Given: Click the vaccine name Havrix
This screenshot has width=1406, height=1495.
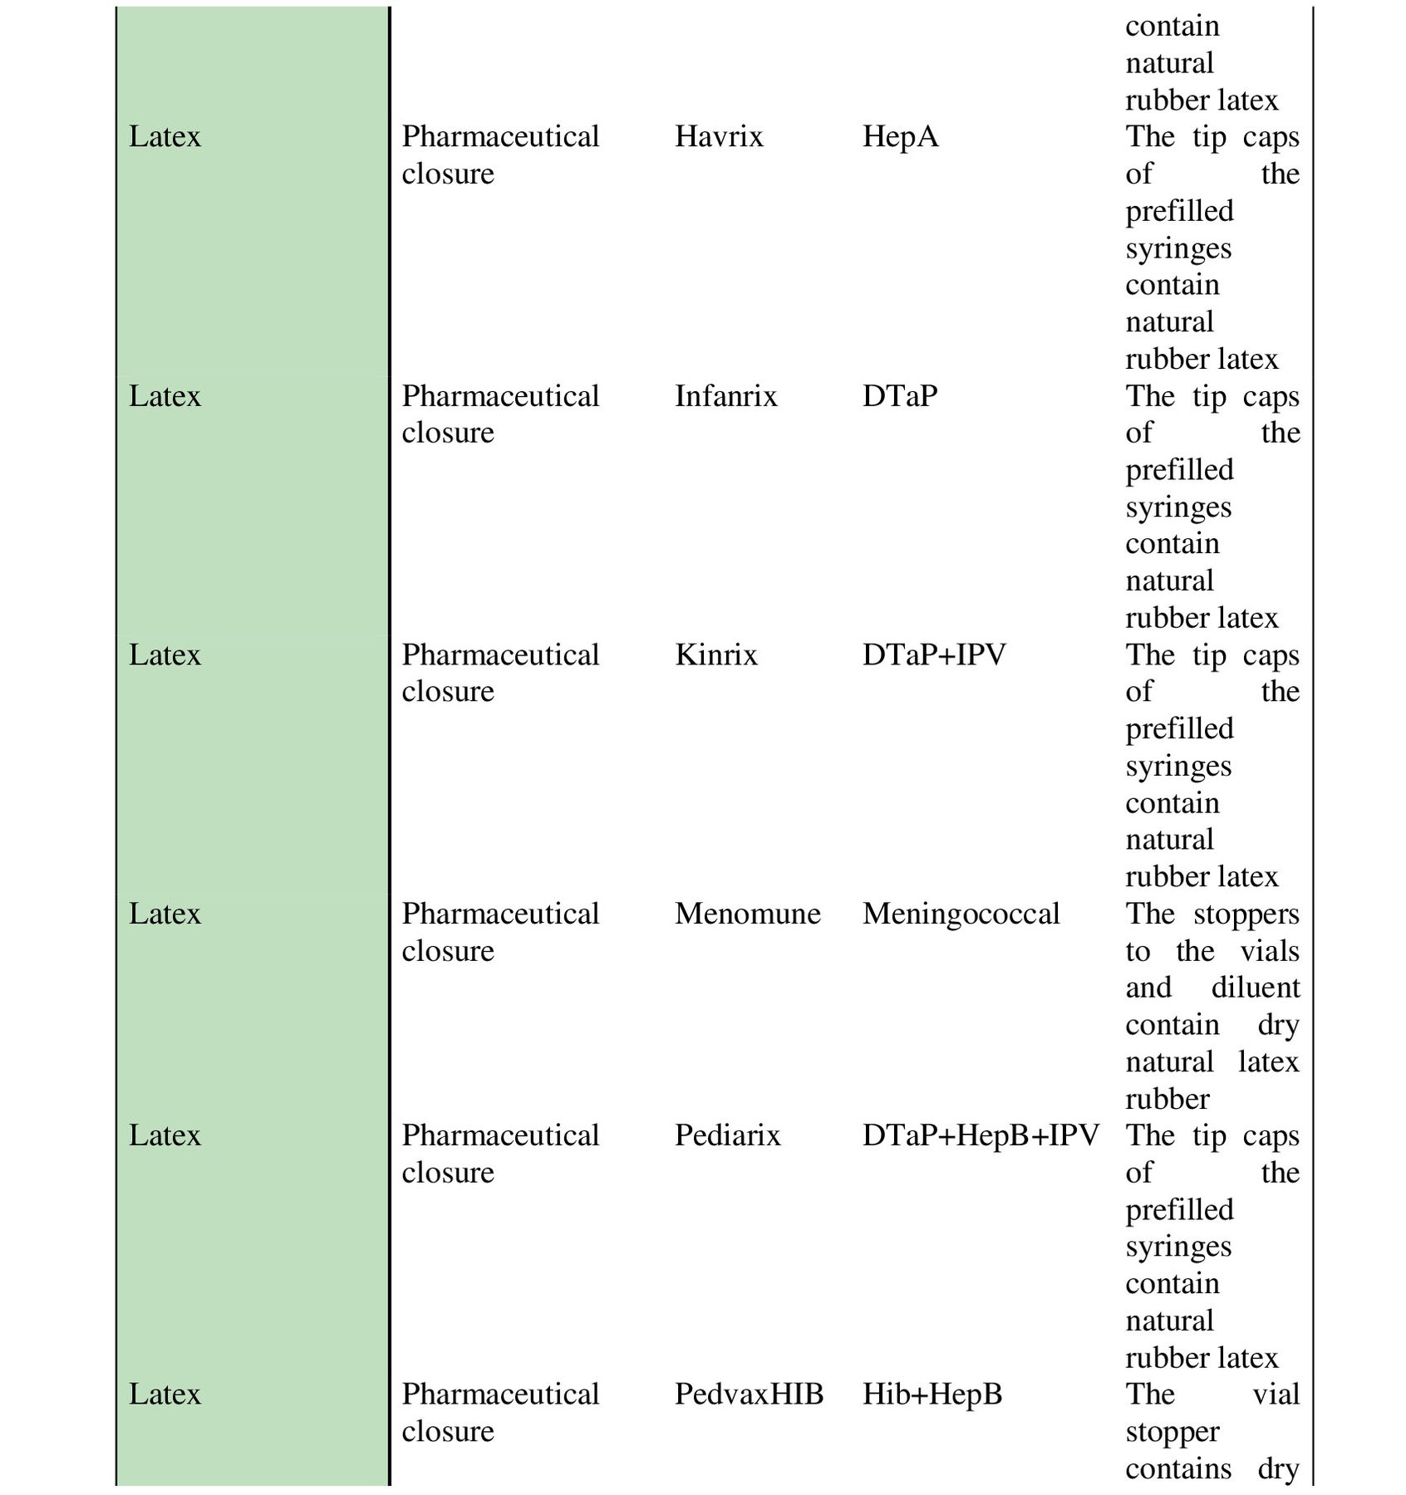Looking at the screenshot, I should click(718, 137).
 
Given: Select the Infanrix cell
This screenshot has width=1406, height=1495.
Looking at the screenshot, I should click(725, 396).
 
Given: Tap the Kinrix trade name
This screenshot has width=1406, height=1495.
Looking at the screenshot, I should click(715, 655).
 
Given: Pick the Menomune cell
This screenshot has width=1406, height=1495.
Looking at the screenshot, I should click(747, 914).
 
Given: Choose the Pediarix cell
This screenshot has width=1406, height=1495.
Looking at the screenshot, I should click(727, 1135).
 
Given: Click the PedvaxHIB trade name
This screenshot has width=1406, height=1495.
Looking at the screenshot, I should click(748, 1395).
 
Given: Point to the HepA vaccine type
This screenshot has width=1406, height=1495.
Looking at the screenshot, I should click(900, 137).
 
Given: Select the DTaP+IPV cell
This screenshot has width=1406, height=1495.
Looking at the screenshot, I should click(933, 655).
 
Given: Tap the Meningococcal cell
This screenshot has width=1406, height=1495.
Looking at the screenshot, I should click(961, 914).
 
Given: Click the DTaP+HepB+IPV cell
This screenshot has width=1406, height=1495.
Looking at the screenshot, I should click(981, 1135).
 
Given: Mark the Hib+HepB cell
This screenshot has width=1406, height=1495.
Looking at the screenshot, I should click(932, 1395).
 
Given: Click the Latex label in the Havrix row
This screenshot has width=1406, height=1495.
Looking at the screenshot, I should click(165, 137).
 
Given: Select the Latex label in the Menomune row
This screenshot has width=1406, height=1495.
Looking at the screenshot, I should click(165, 914).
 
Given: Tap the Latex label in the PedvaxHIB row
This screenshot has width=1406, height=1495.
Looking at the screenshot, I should click(165, 1395).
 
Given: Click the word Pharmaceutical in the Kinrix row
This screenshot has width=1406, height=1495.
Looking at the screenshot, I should click(500, 655).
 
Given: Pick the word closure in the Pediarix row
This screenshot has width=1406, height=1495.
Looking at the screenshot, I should click(448, 1173).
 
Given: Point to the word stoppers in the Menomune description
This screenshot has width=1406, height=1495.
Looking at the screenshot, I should click(1246, 914).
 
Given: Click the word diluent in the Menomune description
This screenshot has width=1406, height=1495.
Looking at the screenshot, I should click(1255, 988).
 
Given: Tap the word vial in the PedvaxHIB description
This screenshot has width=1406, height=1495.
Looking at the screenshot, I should click(1276, 1395).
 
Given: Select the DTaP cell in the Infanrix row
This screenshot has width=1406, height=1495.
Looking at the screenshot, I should click(899, 396).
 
